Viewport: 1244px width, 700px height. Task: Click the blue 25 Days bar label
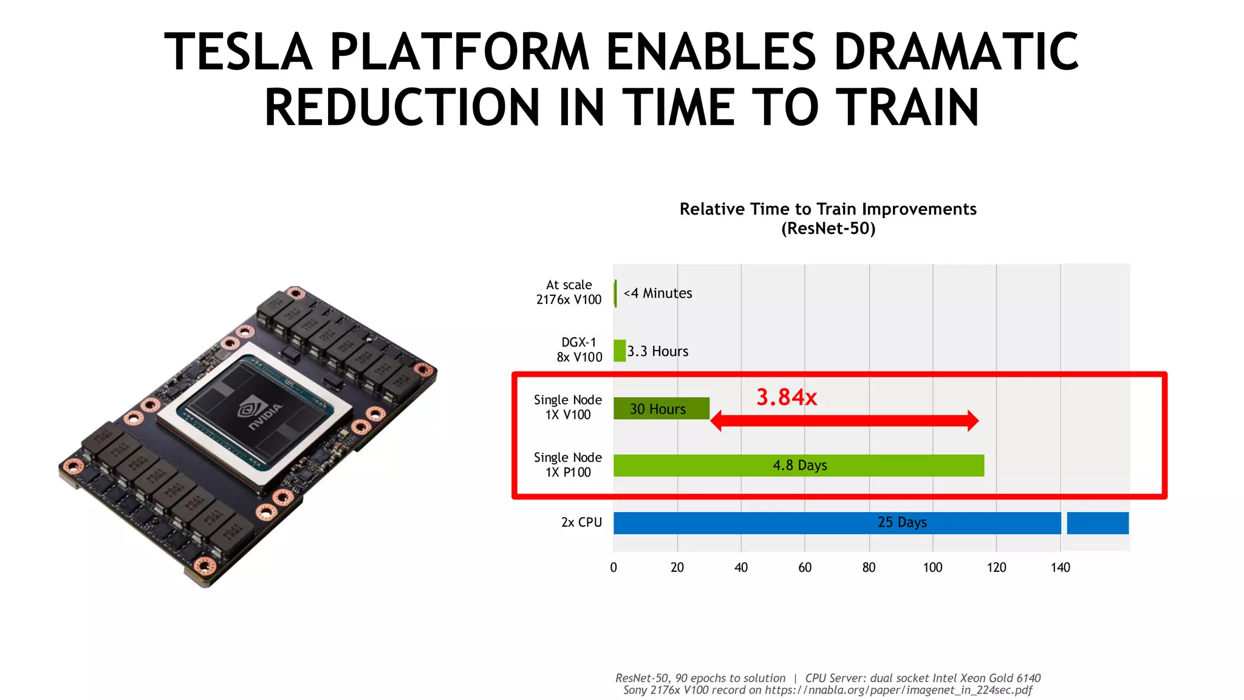tap(901, 523)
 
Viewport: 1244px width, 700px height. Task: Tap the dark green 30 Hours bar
tap(661, 408)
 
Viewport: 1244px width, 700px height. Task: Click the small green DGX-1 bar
tap(620, 351)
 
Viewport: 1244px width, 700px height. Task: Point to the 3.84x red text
tap(786, 397)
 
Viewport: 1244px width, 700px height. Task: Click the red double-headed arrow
tap(844, 420)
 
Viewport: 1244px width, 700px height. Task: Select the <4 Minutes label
tap(658, 293)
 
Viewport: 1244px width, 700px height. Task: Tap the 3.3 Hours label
tap(658, 351)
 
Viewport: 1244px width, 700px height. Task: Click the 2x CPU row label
tap(581, 523)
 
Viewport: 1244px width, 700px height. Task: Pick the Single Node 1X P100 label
tap(568, 465)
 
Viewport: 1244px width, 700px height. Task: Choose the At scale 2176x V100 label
tap(569, 292)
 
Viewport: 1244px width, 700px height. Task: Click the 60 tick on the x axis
tap(805, 568)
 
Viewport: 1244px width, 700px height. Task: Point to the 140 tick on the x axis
tap(1060, 568)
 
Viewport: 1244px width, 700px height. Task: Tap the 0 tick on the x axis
tap(613, 568)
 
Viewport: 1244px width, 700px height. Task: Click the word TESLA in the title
tap(238, 52)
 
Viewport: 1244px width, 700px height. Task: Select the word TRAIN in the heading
tap(907, 108)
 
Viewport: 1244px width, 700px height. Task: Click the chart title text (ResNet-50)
tap(828, 228)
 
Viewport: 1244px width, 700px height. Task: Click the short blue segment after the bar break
tap(1098, 523)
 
